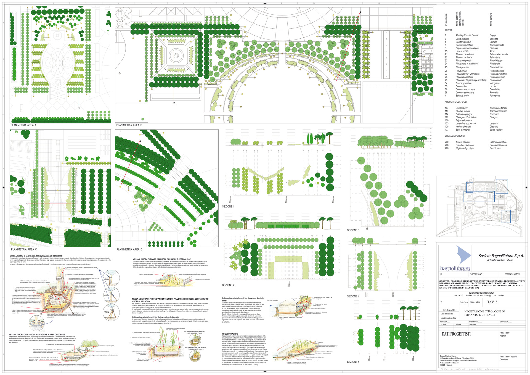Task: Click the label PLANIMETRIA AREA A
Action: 23,125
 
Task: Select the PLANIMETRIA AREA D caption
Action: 129,249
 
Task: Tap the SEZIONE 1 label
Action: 228,207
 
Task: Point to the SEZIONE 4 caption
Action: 353,296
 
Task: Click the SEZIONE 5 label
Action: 353,362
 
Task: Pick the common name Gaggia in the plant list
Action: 493,35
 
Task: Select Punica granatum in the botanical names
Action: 463,83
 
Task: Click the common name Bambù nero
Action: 495,148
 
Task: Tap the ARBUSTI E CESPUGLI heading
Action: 456,102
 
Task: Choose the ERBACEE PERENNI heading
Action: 455,136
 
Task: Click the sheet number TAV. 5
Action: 492,302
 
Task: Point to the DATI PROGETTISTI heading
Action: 456,334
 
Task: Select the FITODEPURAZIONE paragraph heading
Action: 230,334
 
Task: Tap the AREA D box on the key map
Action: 504,181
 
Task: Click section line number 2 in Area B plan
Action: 174,103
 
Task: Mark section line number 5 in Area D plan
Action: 140,141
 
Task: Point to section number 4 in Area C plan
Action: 27,204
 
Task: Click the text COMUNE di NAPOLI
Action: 512,274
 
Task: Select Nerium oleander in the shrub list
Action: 463,127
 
